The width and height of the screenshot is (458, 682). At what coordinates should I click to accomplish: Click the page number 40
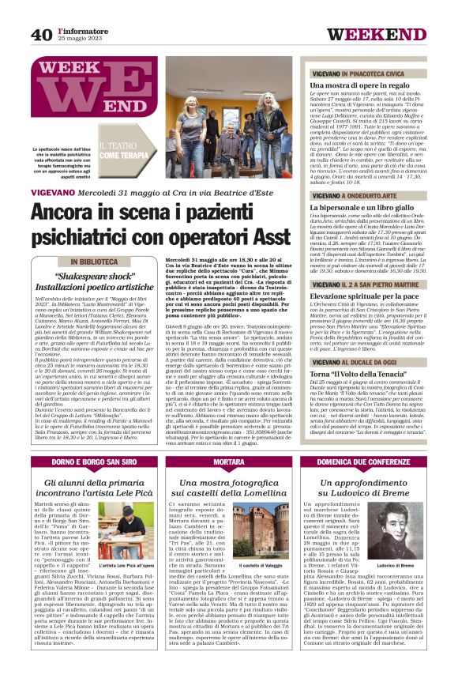click(x=42, y=34)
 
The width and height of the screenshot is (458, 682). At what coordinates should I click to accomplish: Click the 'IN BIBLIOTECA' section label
click(x=97, y=262)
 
